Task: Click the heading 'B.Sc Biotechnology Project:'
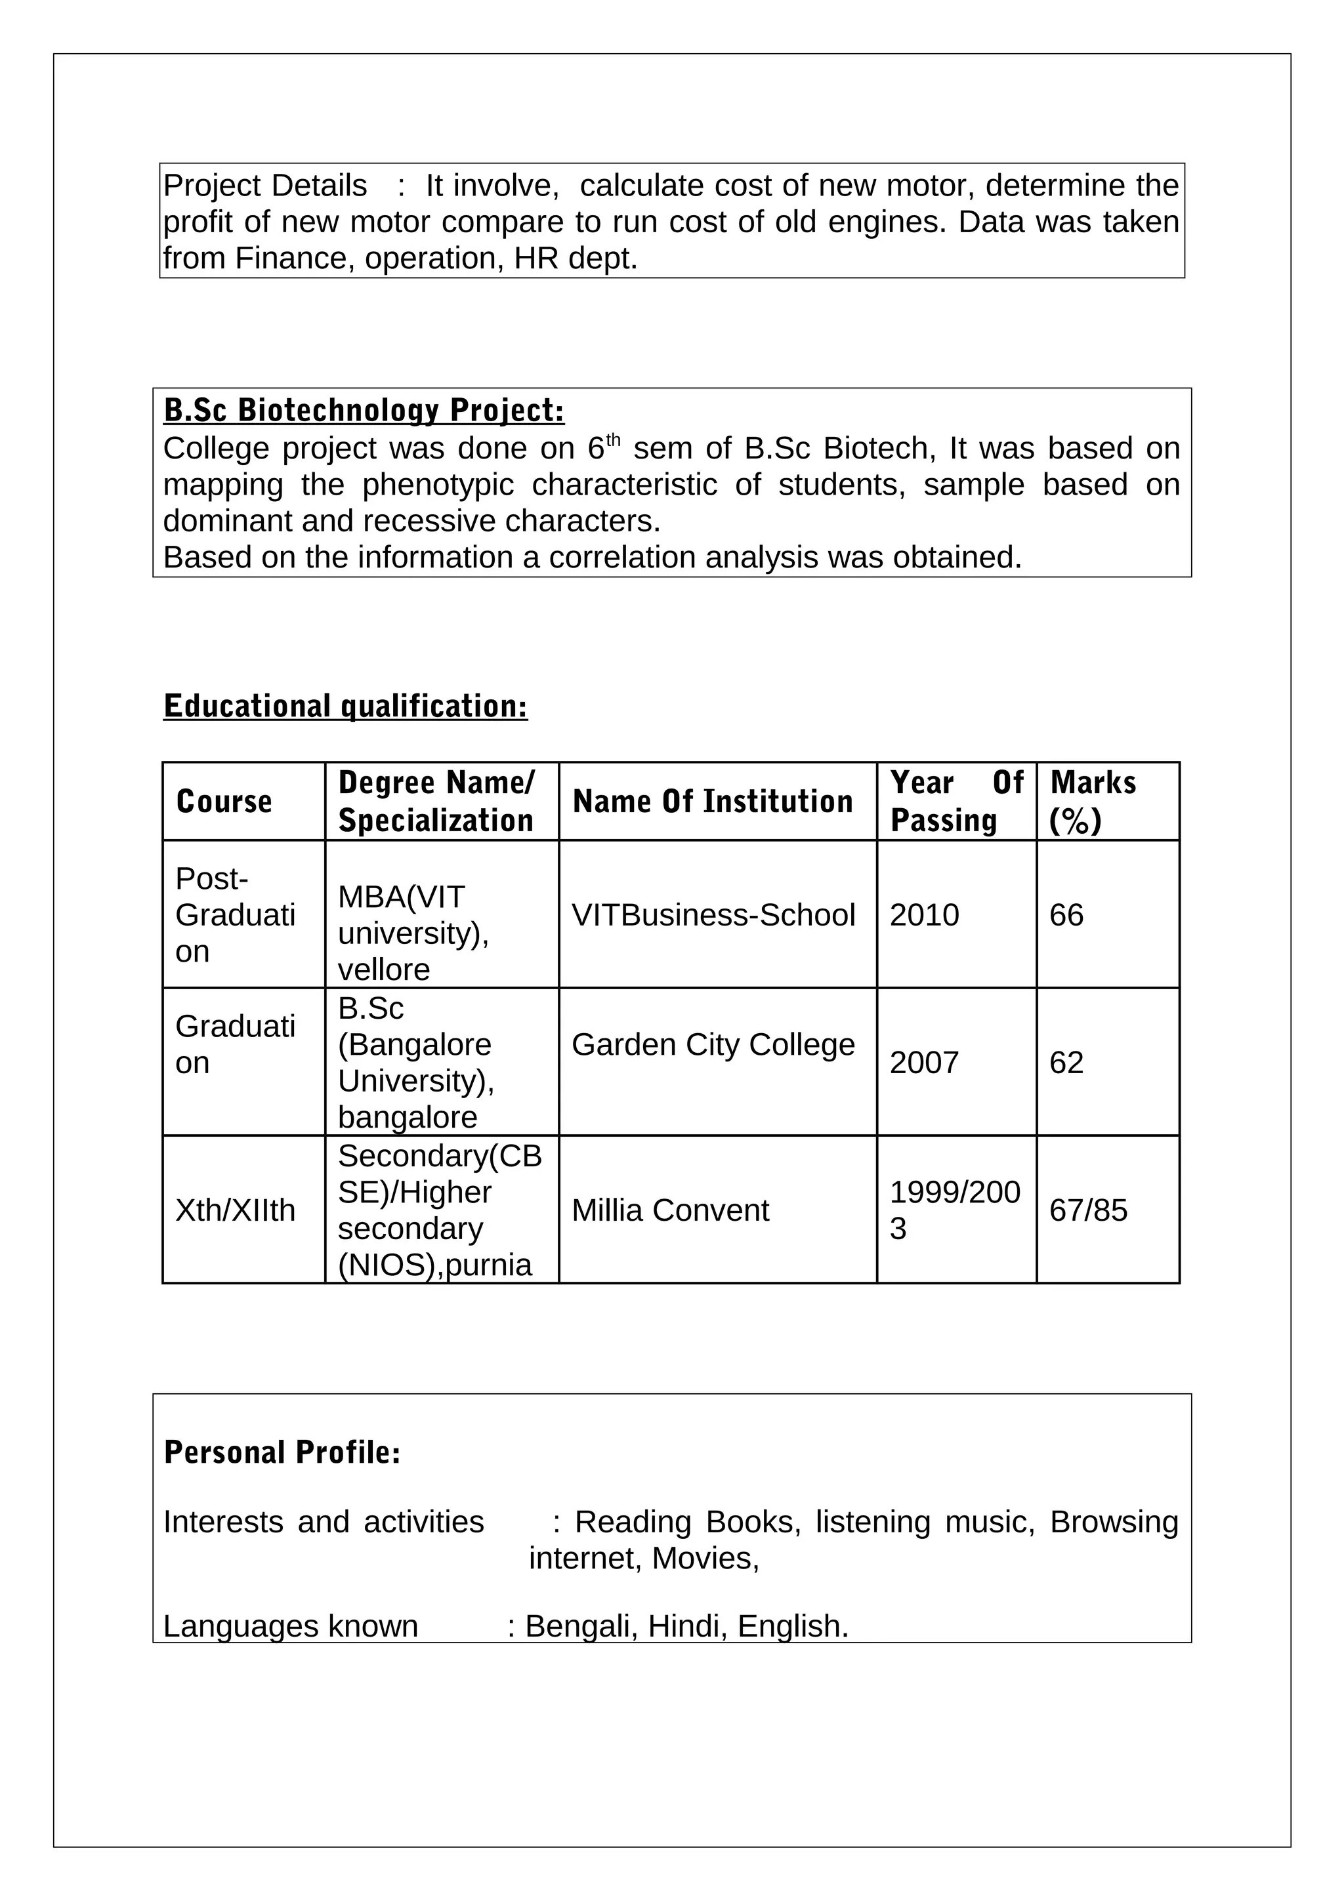click(364, 410)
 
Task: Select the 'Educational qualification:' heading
click(345, 706)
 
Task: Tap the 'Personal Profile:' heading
click(282, 1452)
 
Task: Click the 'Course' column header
click(224, 802)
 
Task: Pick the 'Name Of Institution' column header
click(712, 802)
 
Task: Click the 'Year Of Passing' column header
click(956, 802)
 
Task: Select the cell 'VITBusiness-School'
click(713, 915)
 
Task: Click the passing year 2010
click(924, 915)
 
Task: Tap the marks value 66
click(1066, 915)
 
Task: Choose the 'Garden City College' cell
click(713, 1045)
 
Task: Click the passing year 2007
click(924, 1062)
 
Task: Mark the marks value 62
click(1066, 1062)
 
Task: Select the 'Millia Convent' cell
click(670, 1210)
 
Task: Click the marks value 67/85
click(1088, 1210)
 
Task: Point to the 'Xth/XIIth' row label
click(235, 1210)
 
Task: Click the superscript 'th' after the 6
click(613, 439)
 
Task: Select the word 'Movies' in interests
click(704, 1558)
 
